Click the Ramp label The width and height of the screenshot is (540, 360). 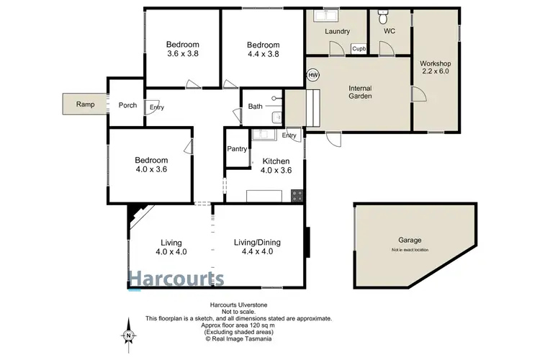[84, 105]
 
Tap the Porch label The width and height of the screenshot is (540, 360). [127, 105]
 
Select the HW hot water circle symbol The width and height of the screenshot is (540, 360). [312, 74]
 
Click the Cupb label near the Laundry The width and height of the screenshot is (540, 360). [359, 49]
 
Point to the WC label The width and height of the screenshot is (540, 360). [390, 32]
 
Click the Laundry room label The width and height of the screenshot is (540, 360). [337, 32]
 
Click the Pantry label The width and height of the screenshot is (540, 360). [237, 149]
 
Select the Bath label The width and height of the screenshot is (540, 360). [256, 107]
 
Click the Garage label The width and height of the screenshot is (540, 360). [410, 240]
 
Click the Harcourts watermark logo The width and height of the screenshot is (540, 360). [176, 279]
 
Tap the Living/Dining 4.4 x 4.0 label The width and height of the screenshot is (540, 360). [257, 247]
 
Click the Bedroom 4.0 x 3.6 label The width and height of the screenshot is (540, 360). [151, 164]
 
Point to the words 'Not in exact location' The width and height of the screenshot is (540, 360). [410, 250]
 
